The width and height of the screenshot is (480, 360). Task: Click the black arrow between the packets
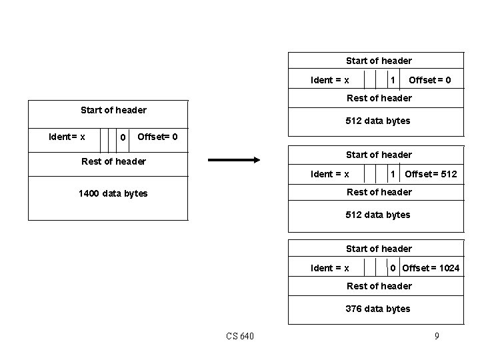[233, 160]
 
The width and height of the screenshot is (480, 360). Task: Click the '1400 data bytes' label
[113, 193]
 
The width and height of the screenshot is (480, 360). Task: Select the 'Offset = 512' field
[431, 174]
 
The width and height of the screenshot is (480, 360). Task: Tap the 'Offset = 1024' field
[431, 268]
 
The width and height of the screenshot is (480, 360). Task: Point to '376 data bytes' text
[378, 309]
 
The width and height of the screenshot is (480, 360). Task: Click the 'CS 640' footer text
[240, 336]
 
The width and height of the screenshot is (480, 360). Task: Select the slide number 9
[437, 336]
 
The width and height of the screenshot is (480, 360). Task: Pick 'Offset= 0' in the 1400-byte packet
[157, 137]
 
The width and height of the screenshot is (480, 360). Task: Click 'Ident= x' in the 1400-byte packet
[67, 137]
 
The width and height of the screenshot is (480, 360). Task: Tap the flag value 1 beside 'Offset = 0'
[393, 80]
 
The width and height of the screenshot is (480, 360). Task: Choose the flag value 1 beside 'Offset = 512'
[393, 174]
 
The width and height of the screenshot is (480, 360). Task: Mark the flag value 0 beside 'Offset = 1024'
[393, 268]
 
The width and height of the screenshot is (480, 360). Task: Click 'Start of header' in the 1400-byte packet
[113, 110]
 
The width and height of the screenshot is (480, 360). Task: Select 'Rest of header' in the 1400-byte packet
[113, 161]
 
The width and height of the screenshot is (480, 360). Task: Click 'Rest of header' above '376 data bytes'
[379, 286]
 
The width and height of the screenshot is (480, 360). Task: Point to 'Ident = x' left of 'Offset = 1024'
[329, 268]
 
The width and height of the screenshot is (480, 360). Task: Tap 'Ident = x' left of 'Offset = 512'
[329, 174]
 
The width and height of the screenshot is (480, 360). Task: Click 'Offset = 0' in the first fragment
[429, 80]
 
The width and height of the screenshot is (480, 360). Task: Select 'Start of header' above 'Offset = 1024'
[379, 249]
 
